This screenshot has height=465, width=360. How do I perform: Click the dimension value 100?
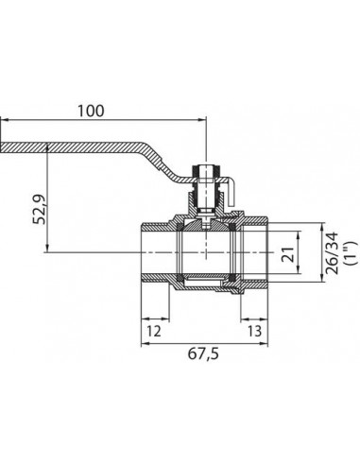coord(91,111)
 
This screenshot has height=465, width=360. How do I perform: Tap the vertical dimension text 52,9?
coord(40,210)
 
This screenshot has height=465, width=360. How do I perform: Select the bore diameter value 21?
coord(288,254)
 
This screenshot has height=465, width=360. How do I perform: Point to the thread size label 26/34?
coord(332,253)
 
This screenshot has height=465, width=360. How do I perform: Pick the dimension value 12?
coord(154,331)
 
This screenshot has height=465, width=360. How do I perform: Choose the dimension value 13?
coord(254,331)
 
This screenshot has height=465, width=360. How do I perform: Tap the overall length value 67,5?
coord(203,353)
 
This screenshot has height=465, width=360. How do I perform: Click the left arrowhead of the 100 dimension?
coord(5,120)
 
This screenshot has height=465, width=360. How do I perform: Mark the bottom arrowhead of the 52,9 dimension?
coord(47,248)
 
